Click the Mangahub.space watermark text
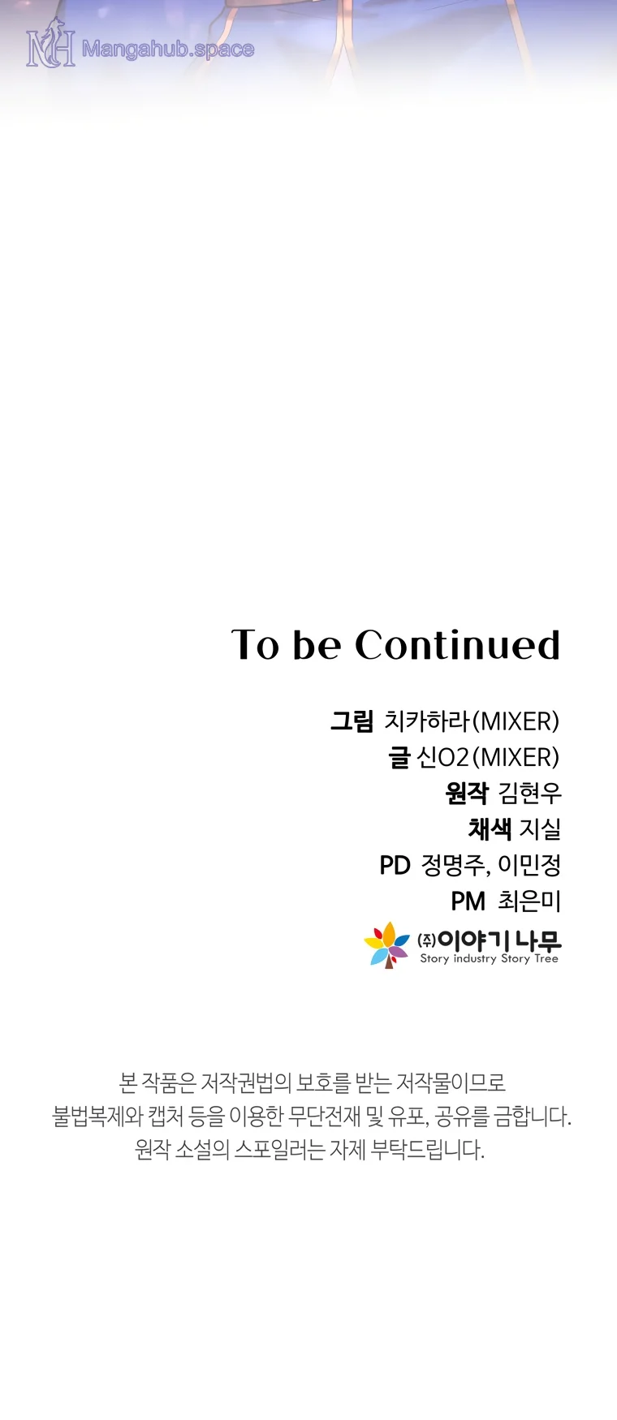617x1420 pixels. click(168, 49)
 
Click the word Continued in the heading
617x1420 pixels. click(458, 645)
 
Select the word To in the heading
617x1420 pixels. click(256, 645)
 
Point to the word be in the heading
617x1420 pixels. click(317, 645)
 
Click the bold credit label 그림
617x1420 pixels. click(352, 721)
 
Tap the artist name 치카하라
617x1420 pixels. click(427, 721)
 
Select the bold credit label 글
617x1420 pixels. click(399, 757)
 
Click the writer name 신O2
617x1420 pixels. click(442, 757)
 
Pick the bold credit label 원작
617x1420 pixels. click(467, 793)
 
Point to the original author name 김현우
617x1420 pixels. click(529, 793)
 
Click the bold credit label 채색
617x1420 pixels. click(490, 828)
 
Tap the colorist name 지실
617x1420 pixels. click(540, 828)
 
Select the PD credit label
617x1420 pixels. click(395, 866)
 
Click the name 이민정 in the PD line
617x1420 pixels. click(529, 865)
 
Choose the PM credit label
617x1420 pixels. click(468, 901)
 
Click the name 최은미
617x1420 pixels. click(529, 901)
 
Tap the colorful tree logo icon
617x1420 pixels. click(387, 945)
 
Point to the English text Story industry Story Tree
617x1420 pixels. click(490, 958)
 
